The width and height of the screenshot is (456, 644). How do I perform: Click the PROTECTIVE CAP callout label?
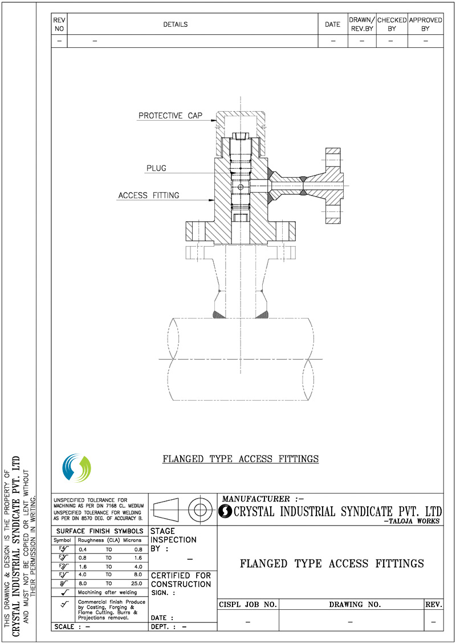[x=170, y=116]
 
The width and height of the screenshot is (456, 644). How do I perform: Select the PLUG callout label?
[x=156, y=169]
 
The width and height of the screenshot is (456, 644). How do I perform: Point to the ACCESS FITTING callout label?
[x=148, y=195]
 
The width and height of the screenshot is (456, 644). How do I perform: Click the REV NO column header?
[x=59, y=24]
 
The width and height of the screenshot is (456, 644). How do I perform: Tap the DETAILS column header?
[x=175, y=25]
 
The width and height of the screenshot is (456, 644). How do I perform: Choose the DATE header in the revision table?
[x=332, y=25]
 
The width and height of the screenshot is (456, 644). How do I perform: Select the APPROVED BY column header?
[x=425, y=24]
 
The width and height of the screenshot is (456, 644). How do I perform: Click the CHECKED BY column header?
[x=392, y=24]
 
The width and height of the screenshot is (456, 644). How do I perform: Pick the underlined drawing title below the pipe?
[x=241, y=459]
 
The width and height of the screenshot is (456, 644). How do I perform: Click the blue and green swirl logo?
[x=76, y=468]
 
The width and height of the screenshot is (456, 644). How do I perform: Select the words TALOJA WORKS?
[x=414, y=521]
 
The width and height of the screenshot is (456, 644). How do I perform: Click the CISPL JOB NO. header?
[x=248, y=604]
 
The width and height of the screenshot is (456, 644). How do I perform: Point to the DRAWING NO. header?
[x=351, y=604]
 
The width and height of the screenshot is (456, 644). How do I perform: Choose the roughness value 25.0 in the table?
[x=135, y=583]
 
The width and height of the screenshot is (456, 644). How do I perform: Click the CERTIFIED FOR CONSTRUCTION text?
[x=181, y=580]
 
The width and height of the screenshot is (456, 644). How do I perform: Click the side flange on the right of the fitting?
[x=332, y=186]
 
